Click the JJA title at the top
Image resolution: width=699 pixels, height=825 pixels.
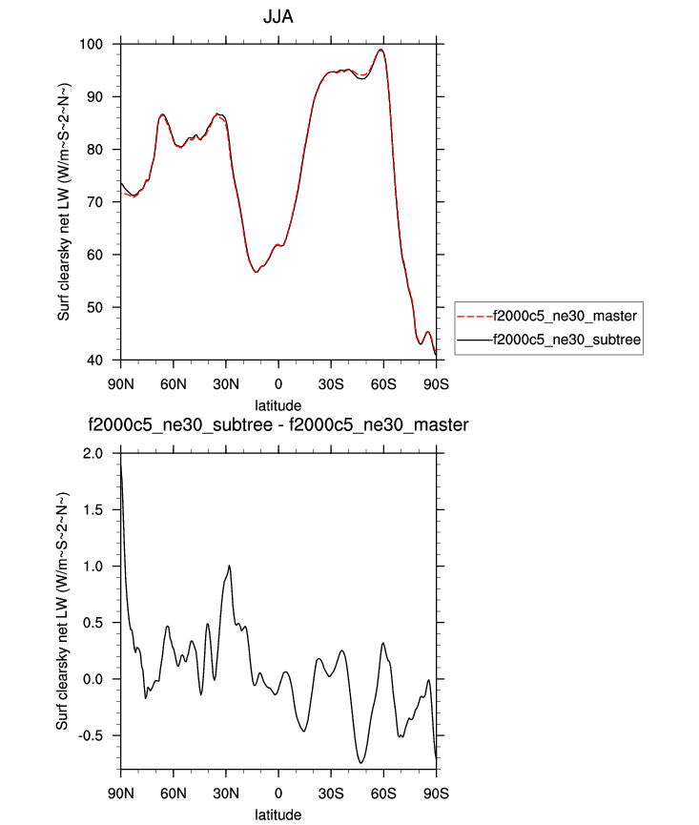click(278, 17)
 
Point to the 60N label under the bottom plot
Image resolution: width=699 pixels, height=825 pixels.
click(173, 792)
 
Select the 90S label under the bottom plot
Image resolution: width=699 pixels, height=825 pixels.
click(436, 792)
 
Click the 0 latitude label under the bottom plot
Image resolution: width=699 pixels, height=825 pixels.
click(278, 792)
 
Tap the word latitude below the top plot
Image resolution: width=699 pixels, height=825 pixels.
click(278, 405)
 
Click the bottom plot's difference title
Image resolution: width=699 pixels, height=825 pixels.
click(278, 424)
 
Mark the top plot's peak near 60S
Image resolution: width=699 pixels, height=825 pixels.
click(380, 50)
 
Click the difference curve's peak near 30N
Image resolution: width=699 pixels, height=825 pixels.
click(229, 566)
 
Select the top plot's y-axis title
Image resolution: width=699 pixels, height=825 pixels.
click(64, 202)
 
